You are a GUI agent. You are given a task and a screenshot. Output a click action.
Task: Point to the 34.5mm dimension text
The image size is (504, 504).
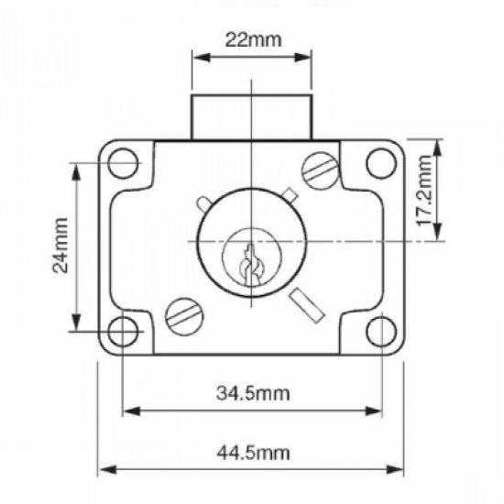point(253,393)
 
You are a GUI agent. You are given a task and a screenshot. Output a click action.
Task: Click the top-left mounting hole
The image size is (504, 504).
point(122,165)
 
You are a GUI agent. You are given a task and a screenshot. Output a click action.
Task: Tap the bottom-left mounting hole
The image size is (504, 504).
point(123,331)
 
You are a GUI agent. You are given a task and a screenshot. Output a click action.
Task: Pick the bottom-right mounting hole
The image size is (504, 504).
point(379,331)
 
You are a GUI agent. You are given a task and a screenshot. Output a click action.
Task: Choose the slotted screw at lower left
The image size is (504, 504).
point(181,317)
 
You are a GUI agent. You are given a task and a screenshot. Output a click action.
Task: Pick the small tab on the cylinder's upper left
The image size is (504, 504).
point(203,203)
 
